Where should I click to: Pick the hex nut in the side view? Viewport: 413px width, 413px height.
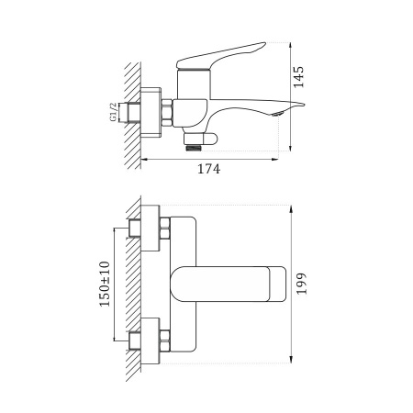pyautogui.click(x=168, y=113)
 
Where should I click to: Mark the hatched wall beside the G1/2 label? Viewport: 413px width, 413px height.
pyautogui.click(x=130, y=115)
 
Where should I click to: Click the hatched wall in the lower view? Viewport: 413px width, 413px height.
pyautogui.click(x=130, y=285)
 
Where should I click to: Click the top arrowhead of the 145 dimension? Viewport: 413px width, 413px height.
pyautogui.click(x=293, y=45)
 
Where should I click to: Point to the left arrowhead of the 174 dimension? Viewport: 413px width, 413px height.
pyautogui.click(x=142, y=158)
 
